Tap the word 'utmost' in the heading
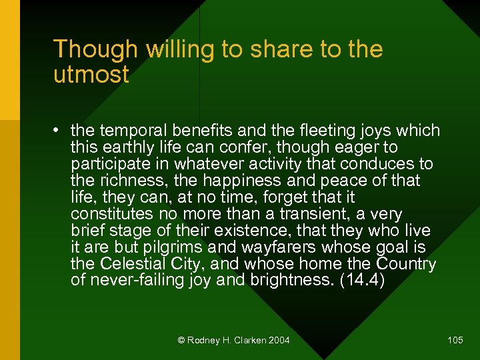click(91, 75)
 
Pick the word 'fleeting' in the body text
click(291, 131)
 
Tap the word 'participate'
click(112, 164)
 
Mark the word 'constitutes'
click(111, 214)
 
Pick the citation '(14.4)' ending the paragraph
click(363, 281)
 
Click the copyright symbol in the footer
click(181, 341)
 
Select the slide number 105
click(455, 341)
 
